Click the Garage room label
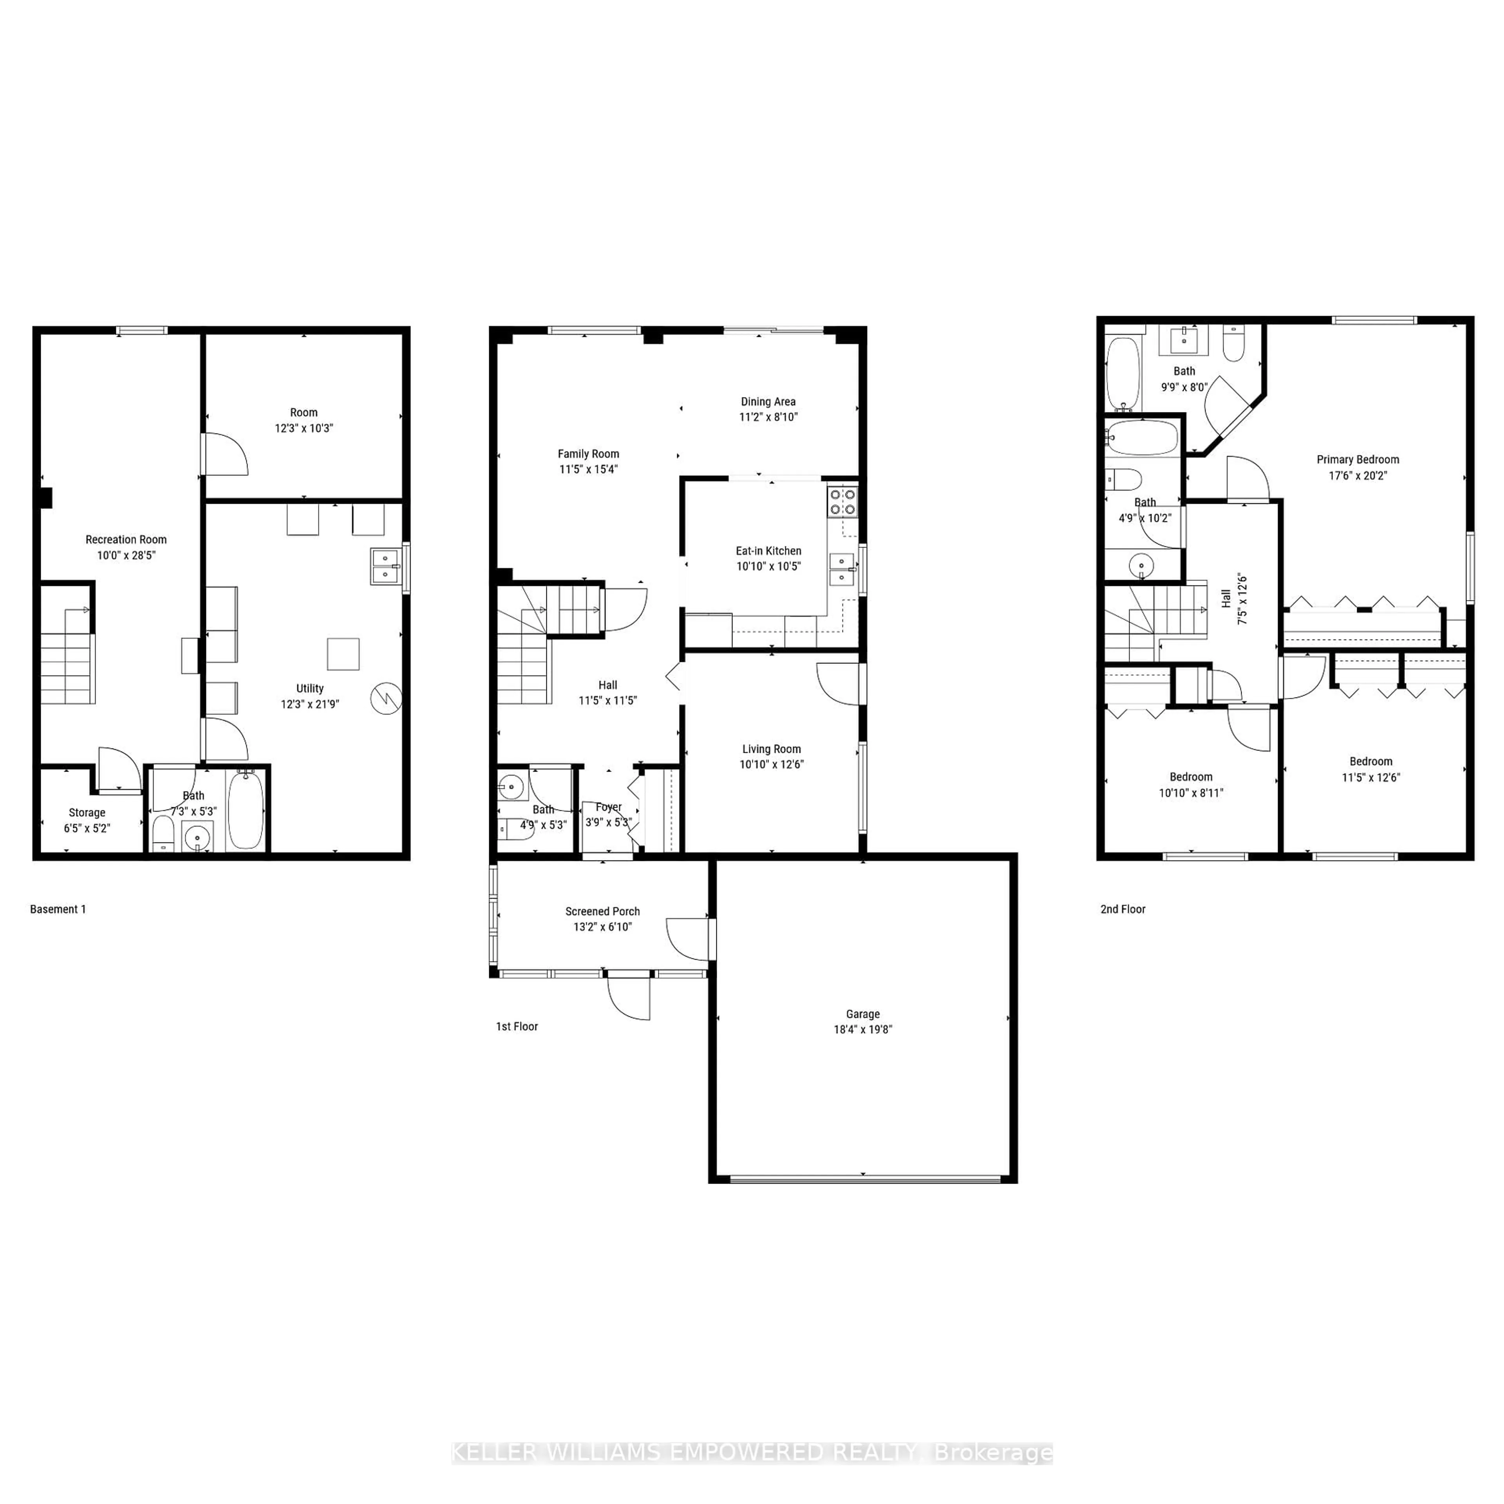click(862, 1014)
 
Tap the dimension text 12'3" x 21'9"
click(310, 704)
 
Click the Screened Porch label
click(602, 911)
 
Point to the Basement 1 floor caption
click(58, 909)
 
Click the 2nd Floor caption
click(1123, 909)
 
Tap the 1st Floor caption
click(517, 1026)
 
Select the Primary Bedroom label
click(1358, 459)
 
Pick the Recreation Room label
click(126, 539)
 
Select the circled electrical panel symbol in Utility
click(385, 698)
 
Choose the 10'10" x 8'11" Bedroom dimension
click(1191, 792)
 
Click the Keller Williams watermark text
click(752, 1453)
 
